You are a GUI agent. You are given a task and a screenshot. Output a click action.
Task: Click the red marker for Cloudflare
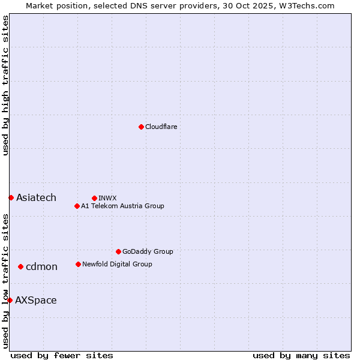coord(141,127)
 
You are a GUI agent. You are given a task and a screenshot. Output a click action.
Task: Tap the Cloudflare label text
coord(161,127)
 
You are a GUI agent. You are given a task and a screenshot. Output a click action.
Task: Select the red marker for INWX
coord(94,198)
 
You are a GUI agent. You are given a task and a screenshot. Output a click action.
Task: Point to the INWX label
coord(107,198)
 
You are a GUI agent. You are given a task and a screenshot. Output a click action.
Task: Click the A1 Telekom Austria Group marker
coord(77,206)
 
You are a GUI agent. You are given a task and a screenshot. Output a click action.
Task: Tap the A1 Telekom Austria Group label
coord(122,206)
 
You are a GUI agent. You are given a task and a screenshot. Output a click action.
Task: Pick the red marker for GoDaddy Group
coord(118,251)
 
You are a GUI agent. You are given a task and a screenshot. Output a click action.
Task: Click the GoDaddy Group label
coord(148,251)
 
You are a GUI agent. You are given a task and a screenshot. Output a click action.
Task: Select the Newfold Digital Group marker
coord(78,264)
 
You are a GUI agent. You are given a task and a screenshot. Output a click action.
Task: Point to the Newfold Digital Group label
coord(117,264)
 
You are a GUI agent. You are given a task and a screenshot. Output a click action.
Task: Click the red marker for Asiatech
coord(11,197)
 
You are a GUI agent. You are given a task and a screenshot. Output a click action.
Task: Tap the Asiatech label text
coord(36,197)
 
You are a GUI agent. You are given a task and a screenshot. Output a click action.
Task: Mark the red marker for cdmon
coord(20,266)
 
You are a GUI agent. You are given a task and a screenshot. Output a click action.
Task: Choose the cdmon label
coord(41,266)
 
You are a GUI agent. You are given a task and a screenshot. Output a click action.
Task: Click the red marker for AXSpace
coord(10,300)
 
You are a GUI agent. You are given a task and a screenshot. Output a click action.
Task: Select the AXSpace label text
coord(36,300)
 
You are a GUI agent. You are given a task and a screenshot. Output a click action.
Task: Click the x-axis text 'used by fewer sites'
coord(62,355)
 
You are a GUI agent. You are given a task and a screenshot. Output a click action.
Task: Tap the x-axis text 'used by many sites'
coord(301,355)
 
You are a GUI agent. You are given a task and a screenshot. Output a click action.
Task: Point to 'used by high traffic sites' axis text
coord(5,85)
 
